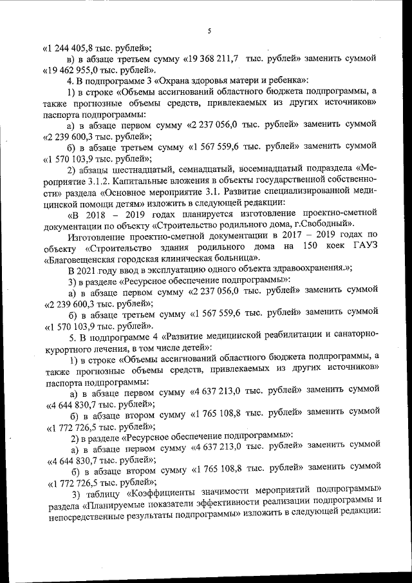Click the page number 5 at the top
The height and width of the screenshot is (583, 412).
pos(209,30)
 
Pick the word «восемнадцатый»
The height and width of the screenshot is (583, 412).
pos(292,169)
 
